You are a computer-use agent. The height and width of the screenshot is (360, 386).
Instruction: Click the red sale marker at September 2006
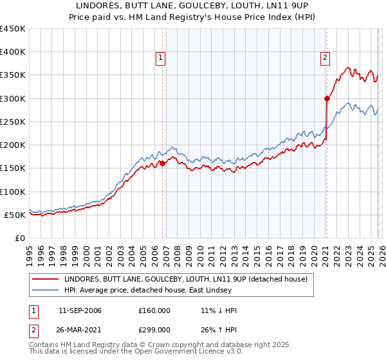coord(162,163)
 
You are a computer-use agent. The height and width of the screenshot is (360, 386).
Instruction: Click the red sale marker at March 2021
coord(327,98)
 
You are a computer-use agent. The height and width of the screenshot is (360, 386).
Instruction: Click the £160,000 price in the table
coord(154,310)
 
